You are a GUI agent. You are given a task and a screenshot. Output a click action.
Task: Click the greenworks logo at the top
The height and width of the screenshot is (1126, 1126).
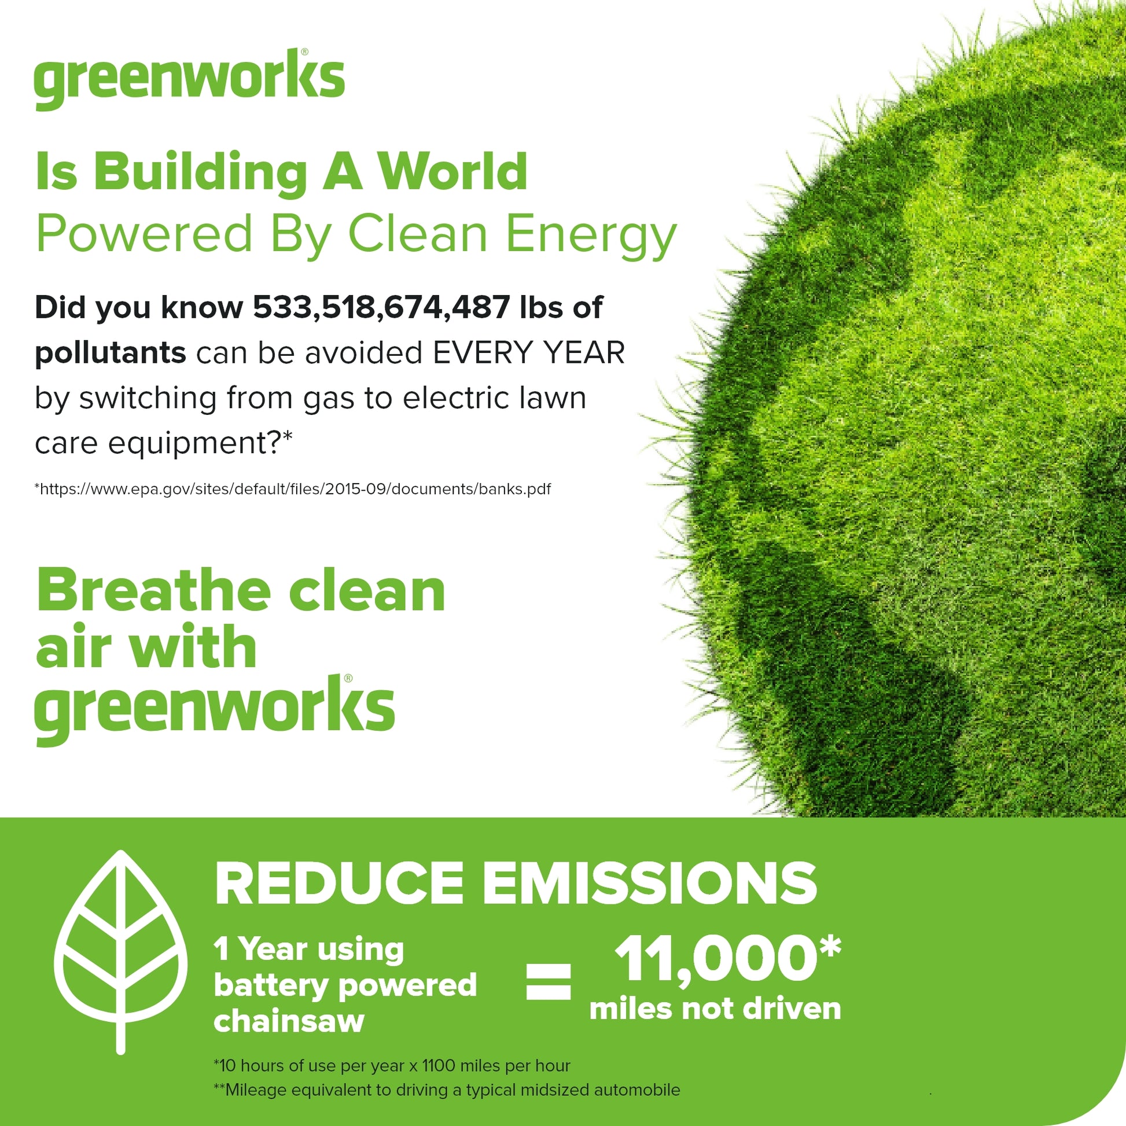(x=189, y=79)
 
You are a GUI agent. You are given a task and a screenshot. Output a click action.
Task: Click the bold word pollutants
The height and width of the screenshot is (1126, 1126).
(x=110, y=353)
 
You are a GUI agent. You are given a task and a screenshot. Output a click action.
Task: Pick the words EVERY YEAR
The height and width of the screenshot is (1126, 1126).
(x=529, y=352)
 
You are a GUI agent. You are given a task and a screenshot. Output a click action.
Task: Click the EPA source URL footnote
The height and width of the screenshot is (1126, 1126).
(x=293, y=489)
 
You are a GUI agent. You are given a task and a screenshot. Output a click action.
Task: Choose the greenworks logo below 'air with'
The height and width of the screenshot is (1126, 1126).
(x=215, y=711)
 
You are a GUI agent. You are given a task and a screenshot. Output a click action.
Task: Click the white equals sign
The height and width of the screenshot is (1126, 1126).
(x=549, y=981)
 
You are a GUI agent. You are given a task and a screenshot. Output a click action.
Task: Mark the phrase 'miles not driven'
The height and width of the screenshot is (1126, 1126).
(x=715, y=1009)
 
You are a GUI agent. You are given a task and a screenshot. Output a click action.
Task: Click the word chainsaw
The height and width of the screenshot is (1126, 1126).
(x=289, y=1021)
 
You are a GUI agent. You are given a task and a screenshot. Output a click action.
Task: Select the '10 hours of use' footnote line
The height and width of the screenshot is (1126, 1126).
(x=392, y=1066)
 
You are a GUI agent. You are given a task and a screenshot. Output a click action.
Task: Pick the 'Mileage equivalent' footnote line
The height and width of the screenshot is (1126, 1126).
(x=447, y=1090)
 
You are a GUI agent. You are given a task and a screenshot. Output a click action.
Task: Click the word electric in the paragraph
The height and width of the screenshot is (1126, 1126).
(x=447, y=398)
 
